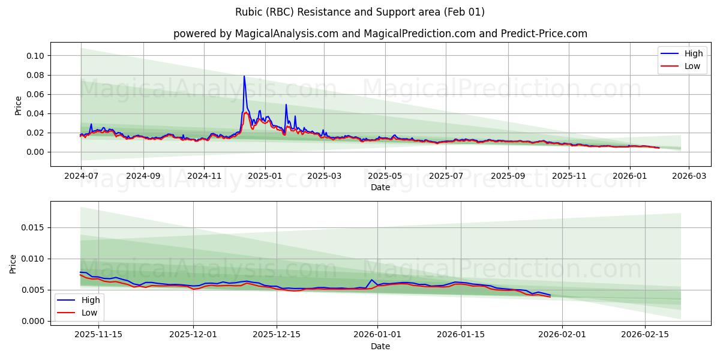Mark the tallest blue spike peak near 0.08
tap(244, 76)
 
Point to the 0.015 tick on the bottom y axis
tap(34, 228)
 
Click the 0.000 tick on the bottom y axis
tap(34, 321)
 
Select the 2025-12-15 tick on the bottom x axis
tap(277, 334)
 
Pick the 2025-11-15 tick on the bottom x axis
tap(98, 334)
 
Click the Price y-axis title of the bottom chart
tap(13, 263)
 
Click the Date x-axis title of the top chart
tap(380, 187)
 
